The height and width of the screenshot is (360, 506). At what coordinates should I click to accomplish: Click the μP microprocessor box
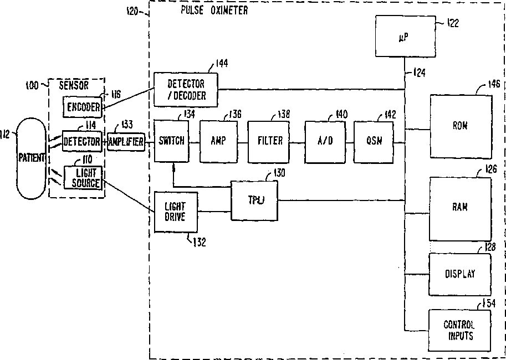click(402, 36)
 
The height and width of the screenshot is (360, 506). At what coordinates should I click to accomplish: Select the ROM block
click(460, 126)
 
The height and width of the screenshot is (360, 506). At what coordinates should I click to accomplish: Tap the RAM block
click(460, 207)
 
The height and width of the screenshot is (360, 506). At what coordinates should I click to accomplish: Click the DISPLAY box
click(460, 274)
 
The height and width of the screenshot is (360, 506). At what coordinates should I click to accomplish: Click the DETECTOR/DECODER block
click(186, 90)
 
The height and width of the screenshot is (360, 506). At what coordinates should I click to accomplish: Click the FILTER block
click(269, 141)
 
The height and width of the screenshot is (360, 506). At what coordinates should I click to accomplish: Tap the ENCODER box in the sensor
click(83, 107)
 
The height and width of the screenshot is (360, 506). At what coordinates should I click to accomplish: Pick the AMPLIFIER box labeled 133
click(126, 142)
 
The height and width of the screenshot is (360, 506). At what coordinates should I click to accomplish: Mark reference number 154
click(488, 303)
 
